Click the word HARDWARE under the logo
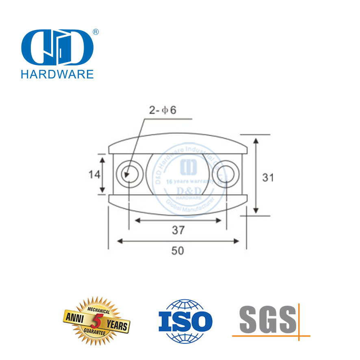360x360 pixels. coord(57,74)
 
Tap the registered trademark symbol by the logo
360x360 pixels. coord(96,32)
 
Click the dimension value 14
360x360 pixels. coord(94,174)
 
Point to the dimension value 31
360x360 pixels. coord(268,177)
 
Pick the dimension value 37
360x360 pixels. coord(178,230)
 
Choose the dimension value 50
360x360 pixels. coord(178,251)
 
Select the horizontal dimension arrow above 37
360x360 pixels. coord(178,221)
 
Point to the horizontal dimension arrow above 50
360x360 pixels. coord(178,241)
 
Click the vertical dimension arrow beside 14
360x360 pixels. coord(103,174)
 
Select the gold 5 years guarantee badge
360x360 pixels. coord(96,321)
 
